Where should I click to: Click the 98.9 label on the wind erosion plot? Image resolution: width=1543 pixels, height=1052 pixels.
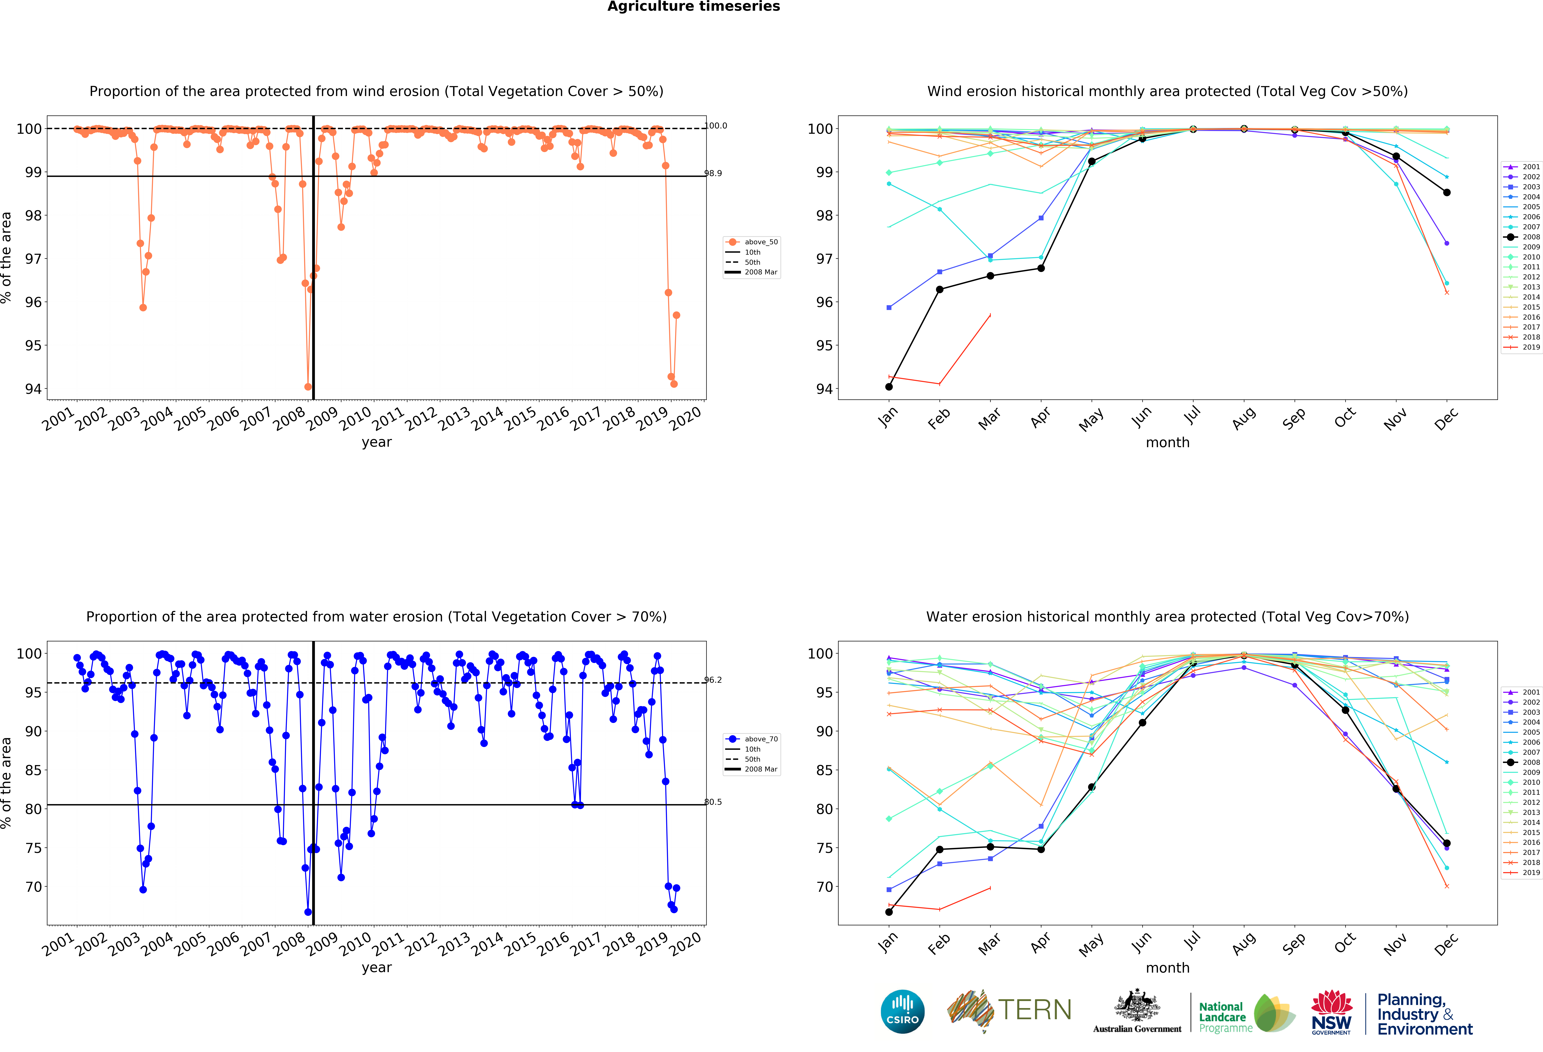click(x=713, y=173)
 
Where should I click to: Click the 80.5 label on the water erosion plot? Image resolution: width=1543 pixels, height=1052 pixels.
click(x=713, y=802)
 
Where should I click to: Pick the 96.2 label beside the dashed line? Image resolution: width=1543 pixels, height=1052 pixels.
click(x=713, y=680)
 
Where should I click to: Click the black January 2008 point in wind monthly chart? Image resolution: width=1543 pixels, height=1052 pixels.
click(x=889, y=387)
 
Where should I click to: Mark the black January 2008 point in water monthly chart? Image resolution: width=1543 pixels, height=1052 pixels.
click(x=889, y=912)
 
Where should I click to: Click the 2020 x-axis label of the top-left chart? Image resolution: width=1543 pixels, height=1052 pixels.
click(x=685, y=419)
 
